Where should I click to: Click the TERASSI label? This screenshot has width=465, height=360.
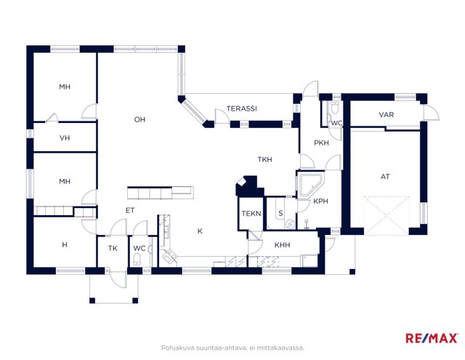(242, 108)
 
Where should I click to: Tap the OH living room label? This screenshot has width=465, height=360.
(139, 119)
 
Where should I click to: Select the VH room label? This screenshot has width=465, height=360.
(65, 138)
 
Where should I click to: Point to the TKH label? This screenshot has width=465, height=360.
(264, 160)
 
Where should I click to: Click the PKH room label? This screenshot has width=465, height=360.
(321, 143)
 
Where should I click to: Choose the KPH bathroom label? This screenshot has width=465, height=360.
(321, 201)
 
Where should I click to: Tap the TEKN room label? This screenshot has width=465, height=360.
(251, 213)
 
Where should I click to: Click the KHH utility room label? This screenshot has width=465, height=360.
(282, 245)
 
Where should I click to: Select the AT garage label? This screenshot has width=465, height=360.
(385, 177)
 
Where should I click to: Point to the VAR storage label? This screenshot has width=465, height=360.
(386, 115)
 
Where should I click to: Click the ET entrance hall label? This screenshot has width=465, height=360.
(130, 210)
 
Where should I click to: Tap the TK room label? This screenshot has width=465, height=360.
(113, 249)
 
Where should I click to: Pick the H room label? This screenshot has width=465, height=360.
(65, 245)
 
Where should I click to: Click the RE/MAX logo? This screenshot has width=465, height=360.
(432, 338)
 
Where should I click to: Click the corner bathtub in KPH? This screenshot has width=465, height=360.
(310, 185)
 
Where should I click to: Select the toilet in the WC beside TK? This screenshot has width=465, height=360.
(137, 259)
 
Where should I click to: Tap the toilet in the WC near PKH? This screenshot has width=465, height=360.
(335, 108)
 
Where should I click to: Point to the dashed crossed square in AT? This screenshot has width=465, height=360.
(387, 215)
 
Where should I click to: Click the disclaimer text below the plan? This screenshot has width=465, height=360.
(232, 348)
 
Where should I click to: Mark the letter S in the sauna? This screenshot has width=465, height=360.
(280, 213)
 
